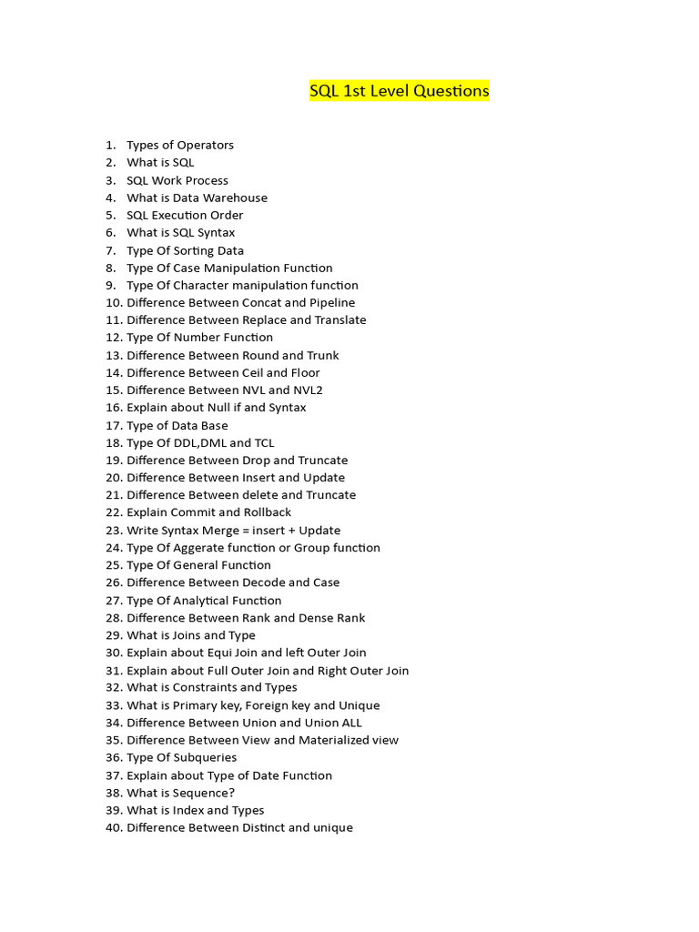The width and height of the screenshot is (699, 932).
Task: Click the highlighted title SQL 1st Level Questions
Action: click(399, 91)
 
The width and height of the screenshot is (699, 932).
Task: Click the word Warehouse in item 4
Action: click(235, 198)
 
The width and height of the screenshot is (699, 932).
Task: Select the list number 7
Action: click(110, 250)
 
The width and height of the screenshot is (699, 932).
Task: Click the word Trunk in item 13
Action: click(323, 355)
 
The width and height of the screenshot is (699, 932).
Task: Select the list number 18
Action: click(114, 442)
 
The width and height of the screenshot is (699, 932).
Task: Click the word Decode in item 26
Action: click(263, 582)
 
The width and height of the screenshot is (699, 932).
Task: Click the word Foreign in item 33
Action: click(268, 705)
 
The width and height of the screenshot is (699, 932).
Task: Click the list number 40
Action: click(114, 828)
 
